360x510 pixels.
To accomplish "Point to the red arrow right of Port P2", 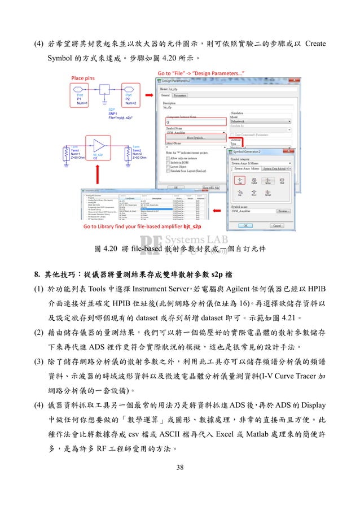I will pyautogui.click(x=147, y=94).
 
